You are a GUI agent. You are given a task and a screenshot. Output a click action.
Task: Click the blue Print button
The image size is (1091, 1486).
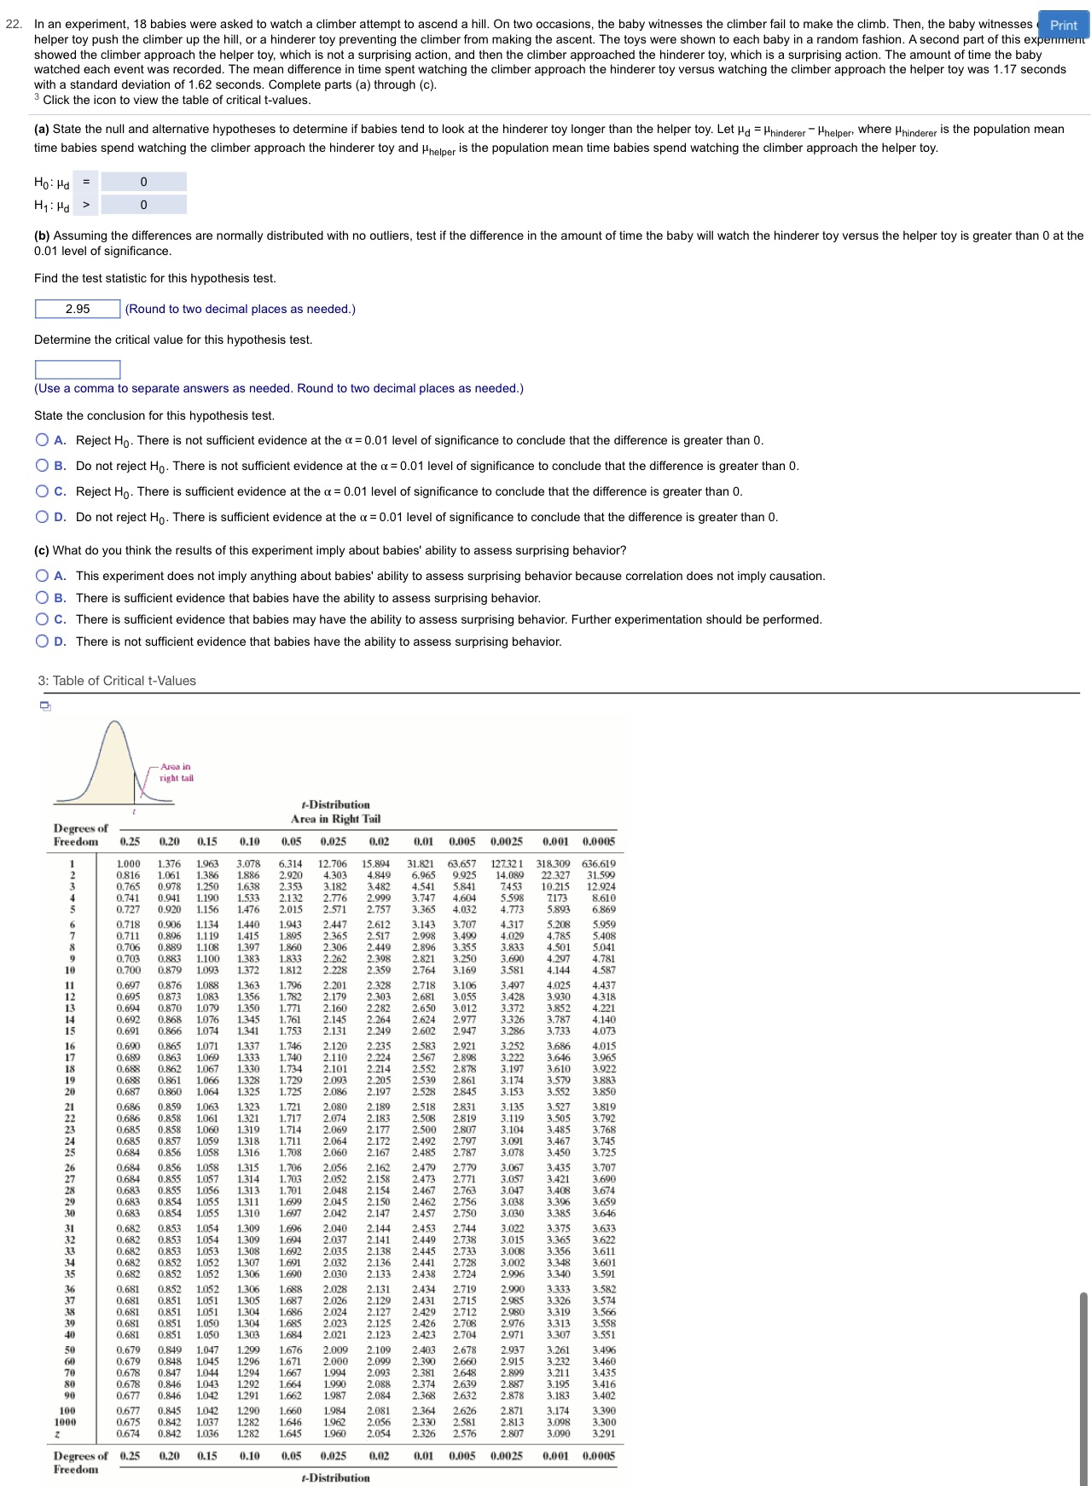[x=1063, y=25]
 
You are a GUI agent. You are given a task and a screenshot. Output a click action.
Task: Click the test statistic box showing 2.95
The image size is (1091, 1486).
[x=78, y=309]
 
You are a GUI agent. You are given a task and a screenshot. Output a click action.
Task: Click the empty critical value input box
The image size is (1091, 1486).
[x=78, y=369]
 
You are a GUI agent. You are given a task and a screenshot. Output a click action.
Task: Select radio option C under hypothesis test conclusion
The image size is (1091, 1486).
[x=42, y=491]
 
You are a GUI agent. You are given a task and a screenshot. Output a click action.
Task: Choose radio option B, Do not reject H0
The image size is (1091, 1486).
[x=42, y=466]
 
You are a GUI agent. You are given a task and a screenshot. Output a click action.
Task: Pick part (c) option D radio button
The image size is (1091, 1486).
[x=42, y=641]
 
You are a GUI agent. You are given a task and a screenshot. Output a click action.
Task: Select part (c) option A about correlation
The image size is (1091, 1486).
[x=42, y=576]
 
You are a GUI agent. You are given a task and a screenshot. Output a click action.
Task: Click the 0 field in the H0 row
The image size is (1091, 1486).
[x=143, y=182]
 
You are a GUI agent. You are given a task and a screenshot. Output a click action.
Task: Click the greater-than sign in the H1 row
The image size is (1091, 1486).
[x=86, y=205]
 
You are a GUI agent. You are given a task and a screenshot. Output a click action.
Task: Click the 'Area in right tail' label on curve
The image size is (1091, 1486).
[x=176, y=772]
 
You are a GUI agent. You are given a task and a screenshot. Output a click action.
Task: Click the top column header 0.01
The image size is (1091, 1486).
[x=423, y=841]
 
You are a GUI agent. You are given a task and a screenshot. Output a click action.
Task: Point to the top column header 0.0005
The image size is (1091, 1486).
[x=598, y=841]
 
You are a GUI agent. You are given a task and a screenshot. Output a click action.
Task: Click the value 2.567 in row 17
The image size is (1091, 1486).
[x=423, y=1058]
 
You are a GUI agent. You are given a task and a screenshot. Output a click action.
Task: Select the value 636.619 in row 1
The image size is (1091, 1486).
[x=598, y=863]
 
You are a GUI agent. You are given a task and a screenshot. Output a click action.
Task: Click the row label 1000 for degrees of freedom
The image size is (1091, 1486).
[x=66, y=1422]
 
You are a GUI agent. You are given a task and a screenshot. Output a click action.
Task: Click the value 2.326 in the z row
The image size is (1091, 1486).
[x=423, y=1433]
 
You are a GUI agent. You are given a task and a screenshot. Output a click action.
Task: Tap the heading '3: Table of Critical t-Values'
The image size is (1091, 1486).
[x=117, y=681]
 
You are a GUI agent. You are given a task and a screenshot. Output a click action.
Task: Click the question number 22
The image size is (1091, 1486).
[x=13, y=24]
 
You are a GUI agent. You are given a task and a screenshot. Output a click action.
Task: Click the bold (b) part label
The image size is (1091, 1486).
[x=42, y=235]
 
